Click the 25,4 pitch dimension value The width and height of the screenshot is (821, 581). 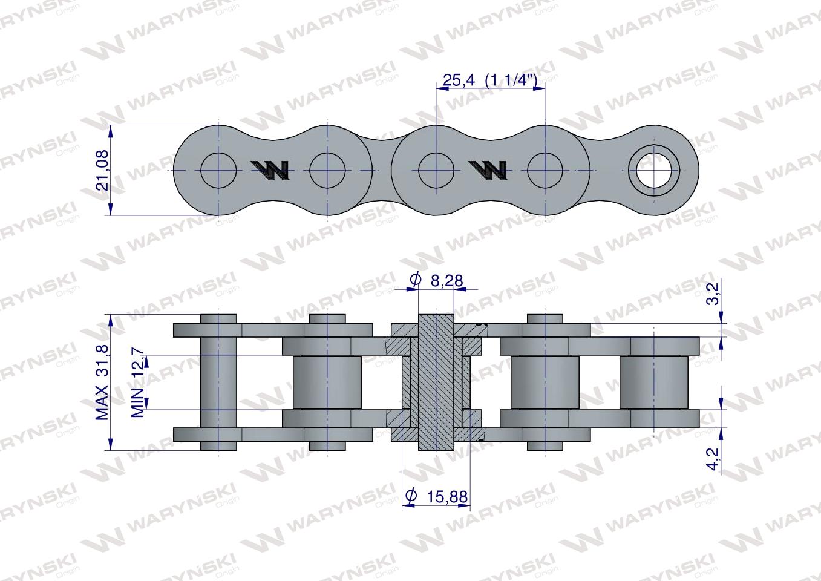point(459,79)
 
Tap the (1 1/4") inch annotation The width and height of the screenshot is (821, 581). point(511,79)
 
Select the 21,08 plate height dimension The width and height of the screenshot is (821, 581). point(102,170)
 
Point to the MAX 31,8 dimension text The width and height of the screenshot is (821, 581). point(102,382)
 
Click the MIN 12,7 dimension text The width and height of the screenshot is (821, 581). point(138,382)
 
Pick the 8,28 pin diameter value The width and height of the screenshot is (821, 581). point(447,280)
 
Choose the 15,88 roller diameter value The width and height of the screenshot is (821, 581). point(447,497)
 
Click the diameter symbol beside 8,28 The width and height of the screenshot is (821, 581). point(415,280)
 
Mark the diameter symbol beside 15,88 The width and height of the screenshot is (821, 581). point(410,497)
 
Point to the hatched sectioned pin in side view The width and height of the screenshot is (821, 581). point(436,382)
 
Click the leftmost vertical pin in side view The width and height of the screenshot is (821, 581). point(218,382)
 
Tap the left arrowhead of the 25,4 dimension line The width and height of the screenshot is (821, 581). point(440,88)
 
